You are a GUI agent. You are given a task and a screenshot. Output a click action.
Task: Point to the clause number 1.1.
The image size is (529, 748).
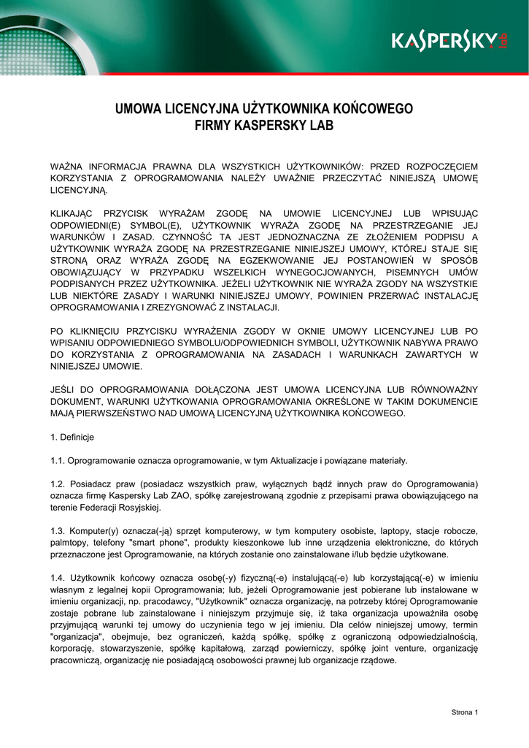click(x=58, y=460)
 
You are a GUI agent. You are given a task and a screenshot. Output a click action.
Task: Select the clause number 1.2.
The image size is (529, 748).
click(x=58, y=484)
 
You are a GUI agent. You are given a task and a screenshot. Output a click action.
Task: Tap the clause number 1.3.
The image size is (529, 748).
click(x=58, y=531)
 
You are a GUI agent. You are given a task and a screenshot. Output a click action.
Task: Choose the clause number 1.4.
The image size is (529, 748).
click(x=58, y=578)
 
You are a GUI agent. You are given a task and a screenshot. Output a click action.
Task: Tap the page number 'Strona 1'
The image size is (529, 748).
click(x=463, y=712)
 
